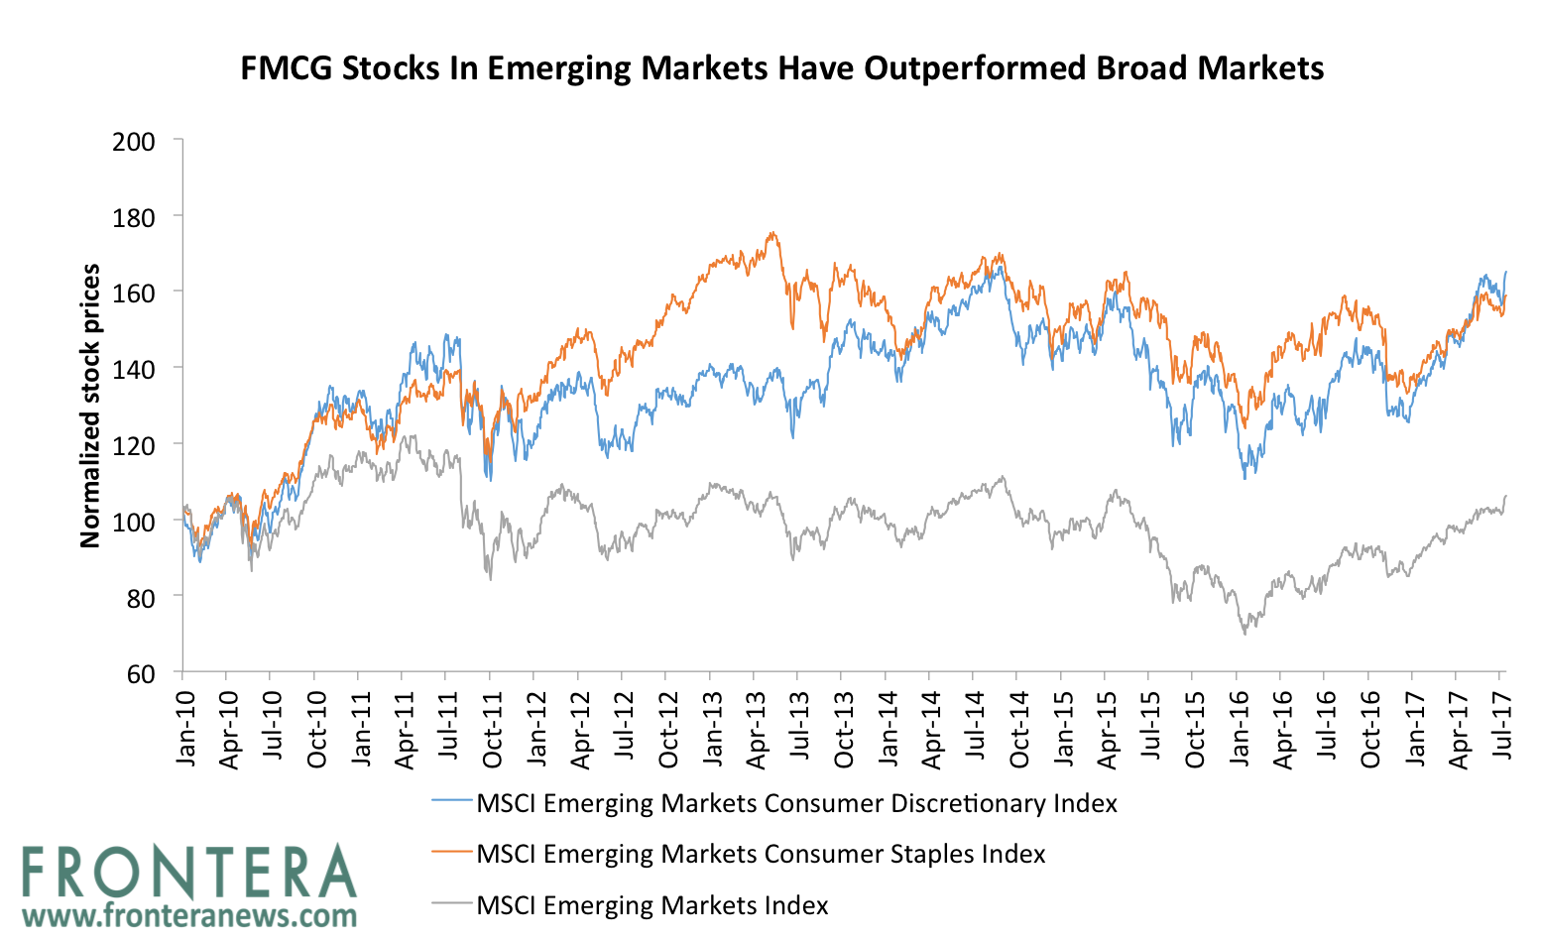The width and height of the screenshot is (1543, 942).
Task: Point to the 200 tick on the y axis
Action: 135,141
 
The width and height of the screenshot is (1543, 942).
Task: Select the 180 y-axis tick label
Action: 135,216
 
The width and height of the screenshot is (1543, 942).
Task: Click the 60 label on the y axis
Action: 142,673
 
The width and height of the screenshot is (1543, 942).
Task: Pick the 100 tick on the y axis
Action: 135,521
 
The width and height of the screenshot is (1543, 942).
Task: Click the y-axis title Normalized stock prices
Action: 90,405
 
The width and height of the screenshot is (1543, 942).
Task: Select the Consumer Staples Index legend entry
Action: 761,854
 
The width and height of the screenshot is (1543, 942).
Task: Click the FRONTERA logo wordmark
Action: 188,874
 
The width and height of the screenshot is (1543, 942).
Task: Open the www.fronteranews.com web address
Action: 188,914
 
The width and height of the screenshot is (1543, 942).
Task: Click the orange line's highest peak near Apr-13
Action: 771,233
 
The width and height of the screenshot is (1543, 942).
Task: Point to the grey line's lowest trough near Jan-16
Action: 1245,634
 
